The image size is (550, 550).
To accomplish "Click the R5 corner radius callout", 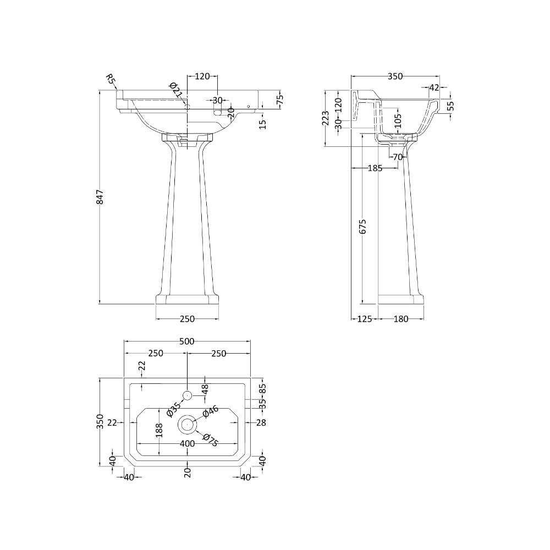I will (x=111, y=81).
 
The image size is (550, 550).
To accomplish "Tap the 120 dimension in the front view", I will (x=202, y=76).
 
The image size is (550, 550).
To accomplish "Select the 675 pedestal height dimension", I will (x=362, y=226).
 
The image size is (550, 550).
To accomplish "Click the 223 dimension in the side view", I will (x=326, y=118).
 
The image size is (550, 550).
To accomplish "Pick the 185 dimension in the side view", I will (x=374, y=168).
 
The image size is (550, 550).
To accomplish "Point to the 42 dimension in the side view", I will (x=434, y=87).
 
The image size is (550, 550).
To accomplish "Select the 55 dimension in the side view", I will (x=450, y=106).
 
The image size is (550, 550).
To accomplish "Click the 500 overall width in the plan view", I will (x=187, y=342).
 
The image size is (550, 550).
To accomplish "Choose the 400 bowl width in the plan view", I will (x=187, y=443).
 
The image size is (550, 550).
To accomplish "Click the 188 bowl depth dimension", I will (x=159, y=430).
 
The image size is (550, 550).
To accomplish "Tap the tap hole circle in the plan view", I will (x=187, y=395).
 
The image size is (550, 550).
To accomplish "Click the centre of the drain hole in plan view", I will (x=187, y=424).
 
